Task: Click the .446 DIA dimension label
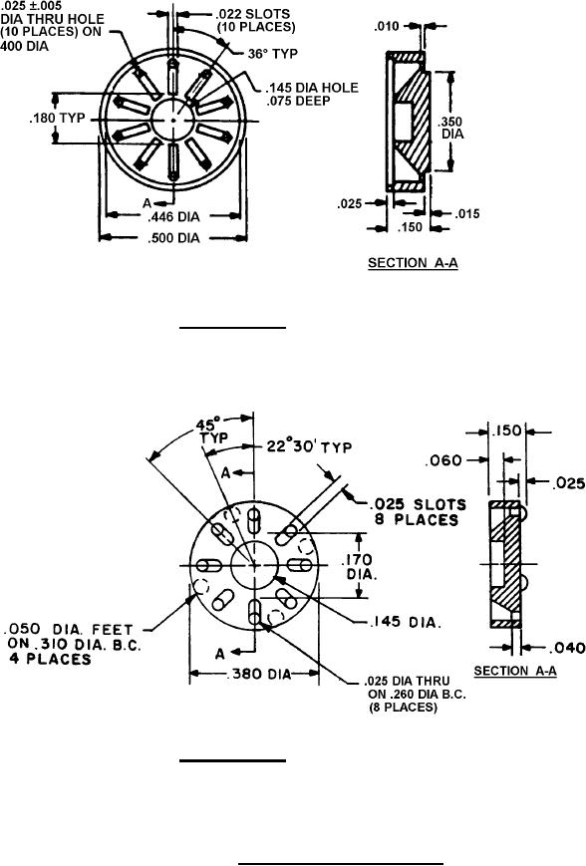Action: coord(173,216)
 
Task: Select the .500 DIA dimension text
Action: coord(173,238)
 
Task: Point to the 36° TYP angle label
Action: coord(272,54)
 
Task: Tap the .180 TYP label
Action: coord(58,119)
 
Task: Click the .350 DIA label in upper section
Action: coord(452,128)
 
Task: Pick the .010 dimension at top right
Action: coord(387,27)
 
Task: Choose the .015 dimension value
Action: coord(467,214)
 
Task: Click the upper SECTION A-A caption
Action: coord(413,263)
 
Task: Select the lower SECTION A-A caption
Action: coord(515,671)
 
